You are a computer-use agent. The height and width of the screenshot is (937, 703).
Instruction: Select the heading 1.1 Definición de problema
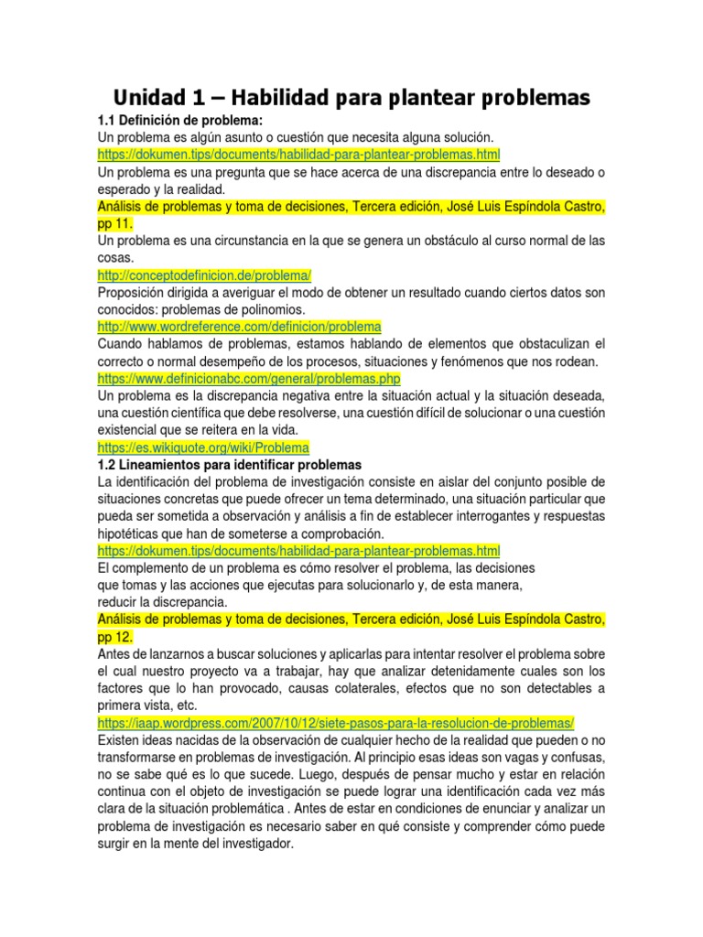pyautogui.click(x=179, y=120)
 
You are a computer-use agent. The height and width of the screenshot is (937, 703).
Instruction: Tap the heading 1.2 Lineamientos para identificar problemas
pyautogui.click(x=230, y=465)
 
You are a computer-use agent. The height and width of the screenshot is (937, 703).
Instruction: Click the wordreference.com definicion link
pyautogui.click(x=239, y=326)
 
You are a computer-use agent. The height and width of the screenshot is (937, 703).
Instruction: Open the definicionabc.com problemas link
pyautogui.click(x=249, y=378)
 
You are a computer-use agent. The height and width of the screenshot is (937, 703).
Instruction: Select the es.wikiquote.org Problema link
pyautogui.click(x=203, y=447)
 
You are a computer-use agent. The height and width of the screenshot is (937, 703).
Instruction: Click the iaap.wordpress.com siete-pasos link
pyautogui.click(x=335, y=723)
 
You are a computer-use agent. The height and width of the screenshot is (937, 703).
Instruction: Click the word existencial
pyautogui.click(x=129, y=430)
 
